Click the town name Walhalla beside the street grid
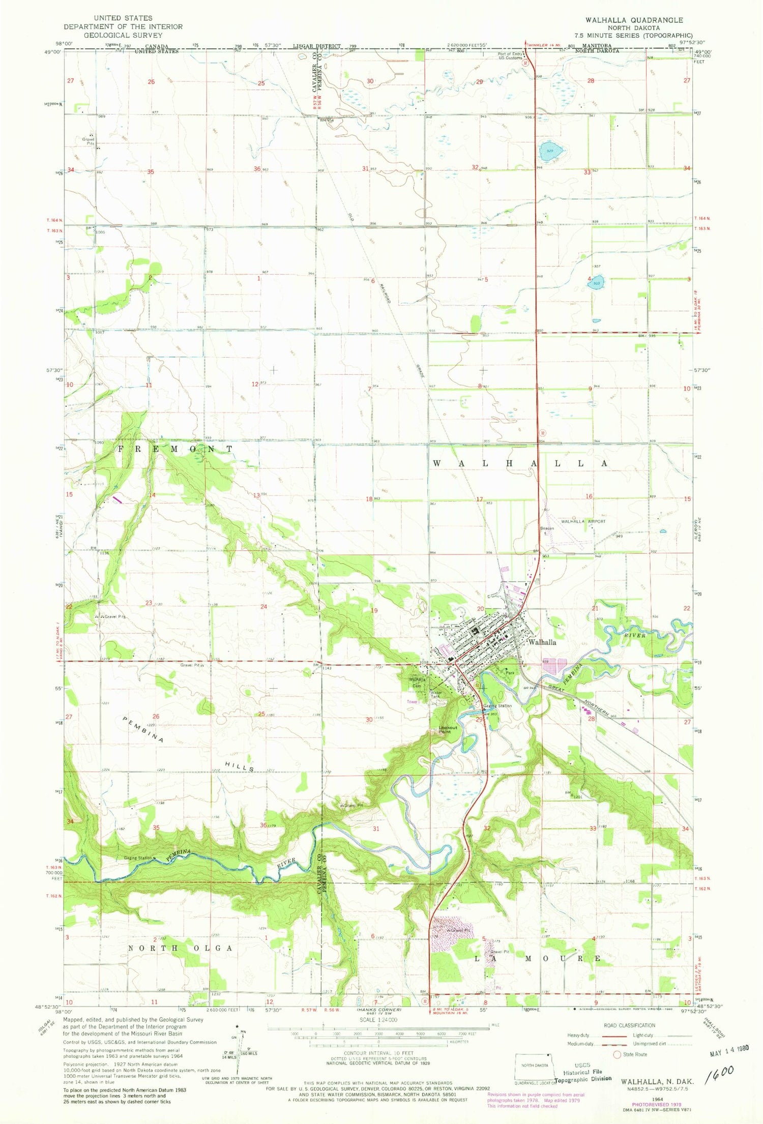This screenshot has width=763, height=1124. (x=542, y=642)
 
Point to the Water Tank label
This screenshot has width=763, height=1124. (x=436, y=694)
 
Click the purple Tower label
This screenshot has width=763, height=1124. (x=412, y=701)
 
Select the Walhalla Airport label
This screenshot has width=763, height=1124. (x=583, y=521)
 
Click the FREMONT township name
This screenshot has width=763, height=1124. (x=175, y=449)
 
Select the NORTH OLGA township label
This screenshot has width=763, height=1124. (x=180, y=948)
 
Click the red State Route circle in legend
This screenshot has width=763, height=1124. (x=618, y=1054)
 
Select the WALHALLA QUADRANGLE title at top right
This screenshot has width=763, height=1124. (x=634, y=20)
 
